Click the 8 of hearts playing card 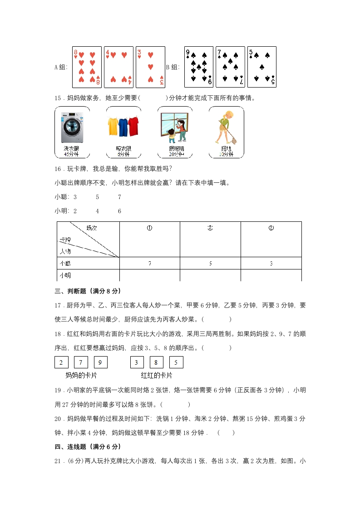click(x=87, y=67)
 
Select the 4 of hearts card click(x=118, y=67)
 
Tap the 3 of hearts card click(x=150, y=67)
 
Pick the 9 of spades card click(x=198, y=67)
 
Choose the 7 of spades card click(x=230, y=67)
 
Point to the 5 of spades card click(x=262, y=67)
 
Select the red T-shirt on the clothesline click(x=133, y=126)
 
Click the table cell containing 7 click(x=149, y=263)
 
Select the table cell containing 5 click(x=210, y=263)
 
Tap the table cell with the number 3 click(x=271, y=263)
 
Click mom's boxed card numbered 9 click(x=101, y=362)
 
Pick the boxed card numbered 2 click(x=61, y=362)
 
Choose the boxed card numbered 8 click(x=157, y=362)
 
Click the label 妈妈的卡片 click(x=81, y=376)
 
